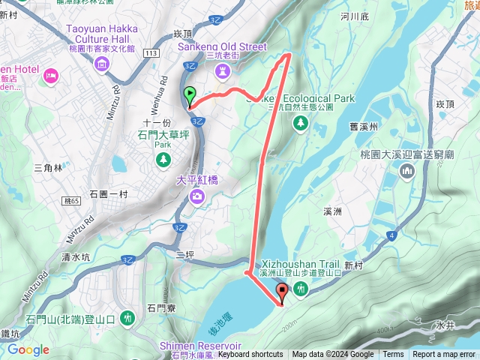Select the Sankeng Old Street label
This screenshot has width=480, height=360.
222,46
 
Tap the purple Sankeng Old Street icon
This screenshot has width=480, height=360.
222,70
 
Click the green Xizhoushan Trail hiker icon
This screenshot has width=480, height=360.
301,289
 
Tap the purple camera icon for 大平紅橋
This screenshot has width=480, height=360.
196,196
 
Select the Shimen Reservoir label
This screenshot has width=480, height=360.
200,346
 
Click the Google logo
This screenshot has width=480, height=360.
28,350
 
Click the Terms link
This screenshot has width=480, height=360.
393,355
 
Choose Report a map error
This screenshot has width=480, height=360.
444,355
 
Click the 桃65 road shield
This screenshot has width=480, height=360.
72,202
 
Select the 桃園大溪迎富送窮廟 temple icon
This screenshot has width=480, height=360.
407,172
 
